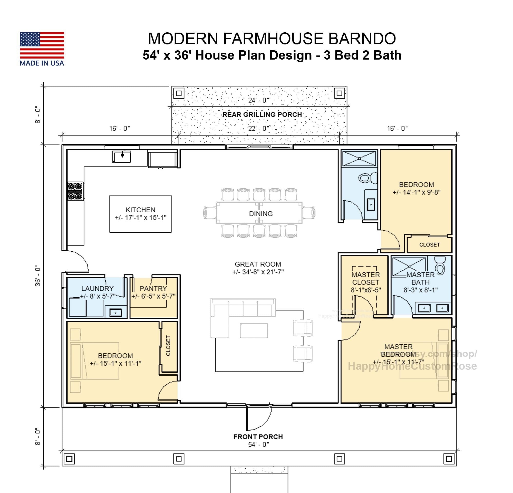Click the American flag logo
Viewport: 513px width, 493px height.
point(42,45)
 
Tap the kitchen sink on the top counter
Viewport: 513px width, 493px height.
point(122,157)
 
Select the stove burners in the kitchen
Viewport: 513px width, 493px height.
point(75,191)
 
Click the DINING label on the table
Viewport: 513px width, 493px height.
point(261,214)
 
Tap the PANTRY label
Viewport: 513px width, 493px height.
point(153,289)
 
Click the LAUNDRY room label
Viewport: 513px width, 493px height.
point(97,289)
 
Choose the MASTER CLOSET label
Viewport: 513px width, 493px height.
point(366,279)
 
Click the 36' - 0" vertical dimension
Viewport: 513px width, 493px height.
point(38,276)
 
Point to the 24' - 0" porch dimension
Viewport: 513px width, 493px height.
point(259,100)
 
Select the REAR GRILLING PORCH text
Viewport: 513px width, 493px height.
point(262,115)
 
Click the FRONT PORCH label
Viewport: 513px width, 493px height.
point(258,437)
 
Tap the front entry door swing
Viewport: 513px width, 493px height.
point(259,419)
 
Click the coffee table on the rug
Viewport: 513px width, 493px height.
point(254,331)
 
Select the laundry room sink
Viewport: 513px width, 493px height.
point(115,312)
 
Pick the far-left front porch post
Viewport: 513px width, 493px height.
point(69,459)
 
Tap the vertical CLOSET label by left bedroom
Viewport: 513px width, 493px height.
point(168,346)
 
